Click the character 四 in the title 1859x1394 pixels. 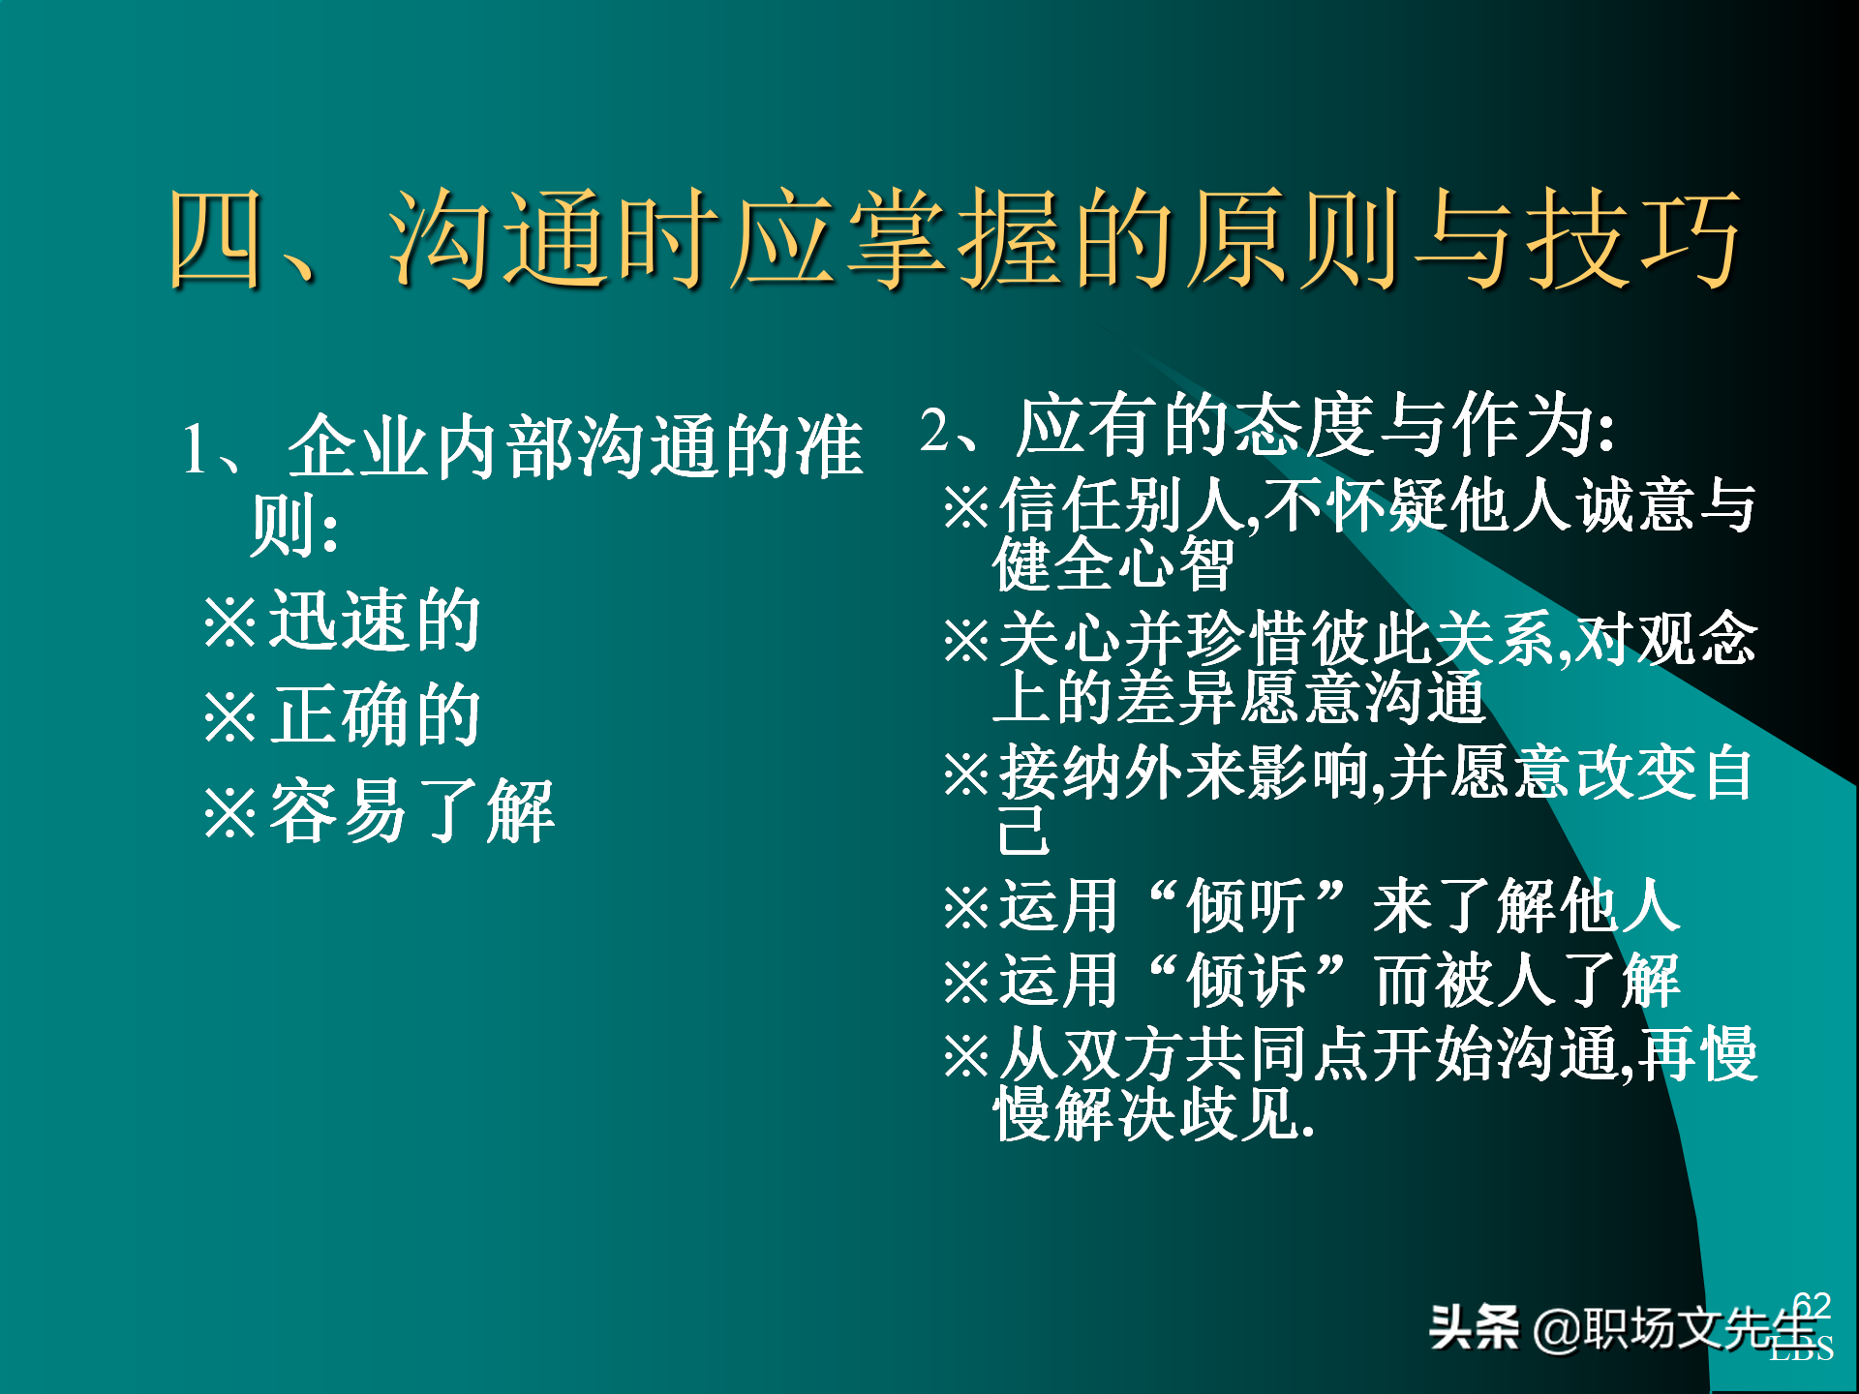(217, 238)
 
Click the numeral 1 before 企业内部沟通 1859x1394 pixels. (195, 449)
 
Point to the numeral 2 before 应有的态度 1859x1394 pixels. (934, 428)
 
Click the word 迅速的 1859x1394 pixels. (375, 621)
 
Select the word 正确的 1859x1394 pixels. (375, 715)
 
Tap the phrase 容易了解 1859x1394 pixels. (411, 811)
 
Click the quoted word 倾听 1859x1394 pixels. (1246, 907)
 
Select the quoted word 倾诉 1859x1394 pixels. (1246, 981)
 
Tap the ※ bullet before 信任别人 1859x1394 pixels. (966, 506)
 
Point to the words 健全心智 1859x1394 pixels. (1113, 563)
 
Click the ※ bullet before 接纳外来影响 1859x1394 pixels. (966, 774)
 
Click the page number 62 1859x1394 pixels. (1811, 1305)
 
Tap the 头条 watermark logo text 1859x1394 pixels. (1474, 1327)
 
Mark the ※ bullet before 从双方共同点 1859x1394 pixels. (966, 1055)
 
